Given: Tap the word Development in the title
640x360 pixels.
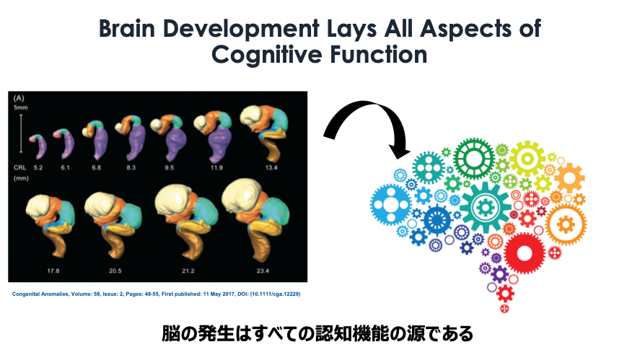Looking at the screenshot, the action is (x=241, y=29).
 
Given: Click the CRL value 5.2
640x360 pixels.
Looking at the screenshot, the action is (x=38, y=168).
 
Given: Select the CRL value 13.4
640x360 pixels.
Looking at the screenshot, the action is (x=271, y=168).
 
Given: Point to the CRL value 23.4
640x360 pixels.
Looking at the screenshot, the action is (x=263, y=271).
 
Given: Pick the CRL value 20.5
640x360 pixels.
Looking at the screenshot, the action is (x=115, y=271).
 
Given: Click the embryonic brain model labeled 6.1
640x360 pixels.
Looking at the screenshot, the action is (x=65, y=144).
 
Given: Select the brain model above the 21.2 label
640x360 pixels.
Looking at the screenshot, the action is (x=186, y=221).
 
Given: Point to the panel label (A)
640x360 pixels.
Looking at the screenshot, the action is (x=19, y=98).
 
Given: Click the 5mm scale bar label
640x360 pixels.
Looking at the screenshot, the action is (x=20, y=107).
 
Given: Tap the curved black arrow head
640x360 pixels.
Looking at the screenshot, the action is (x=398, y=150).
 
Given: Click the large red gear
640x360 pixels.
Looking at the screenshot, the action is (x=525, y=253).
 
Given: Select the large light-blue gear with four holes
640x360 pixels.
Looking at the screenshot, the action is (x=391, y=204).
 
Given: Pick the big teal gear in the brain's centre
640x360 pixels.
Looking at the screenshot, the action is (x=486, y=207).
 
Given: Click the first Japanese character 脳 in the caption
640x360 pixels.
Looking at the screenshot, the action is (x=171, y=333).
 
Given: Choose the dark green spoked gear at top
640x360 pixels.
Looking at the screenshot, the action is (x=474, y=159).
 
